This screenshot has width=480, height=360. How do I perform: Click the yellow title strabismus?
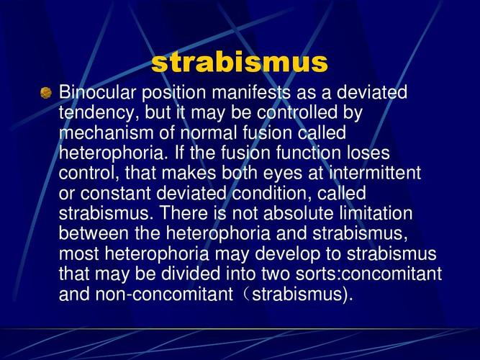(240, 63)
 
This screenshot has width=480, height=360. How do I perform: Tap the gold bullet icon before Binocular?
(46, 93)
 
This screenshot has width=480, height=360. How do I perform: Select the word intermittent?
(375, 174)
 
